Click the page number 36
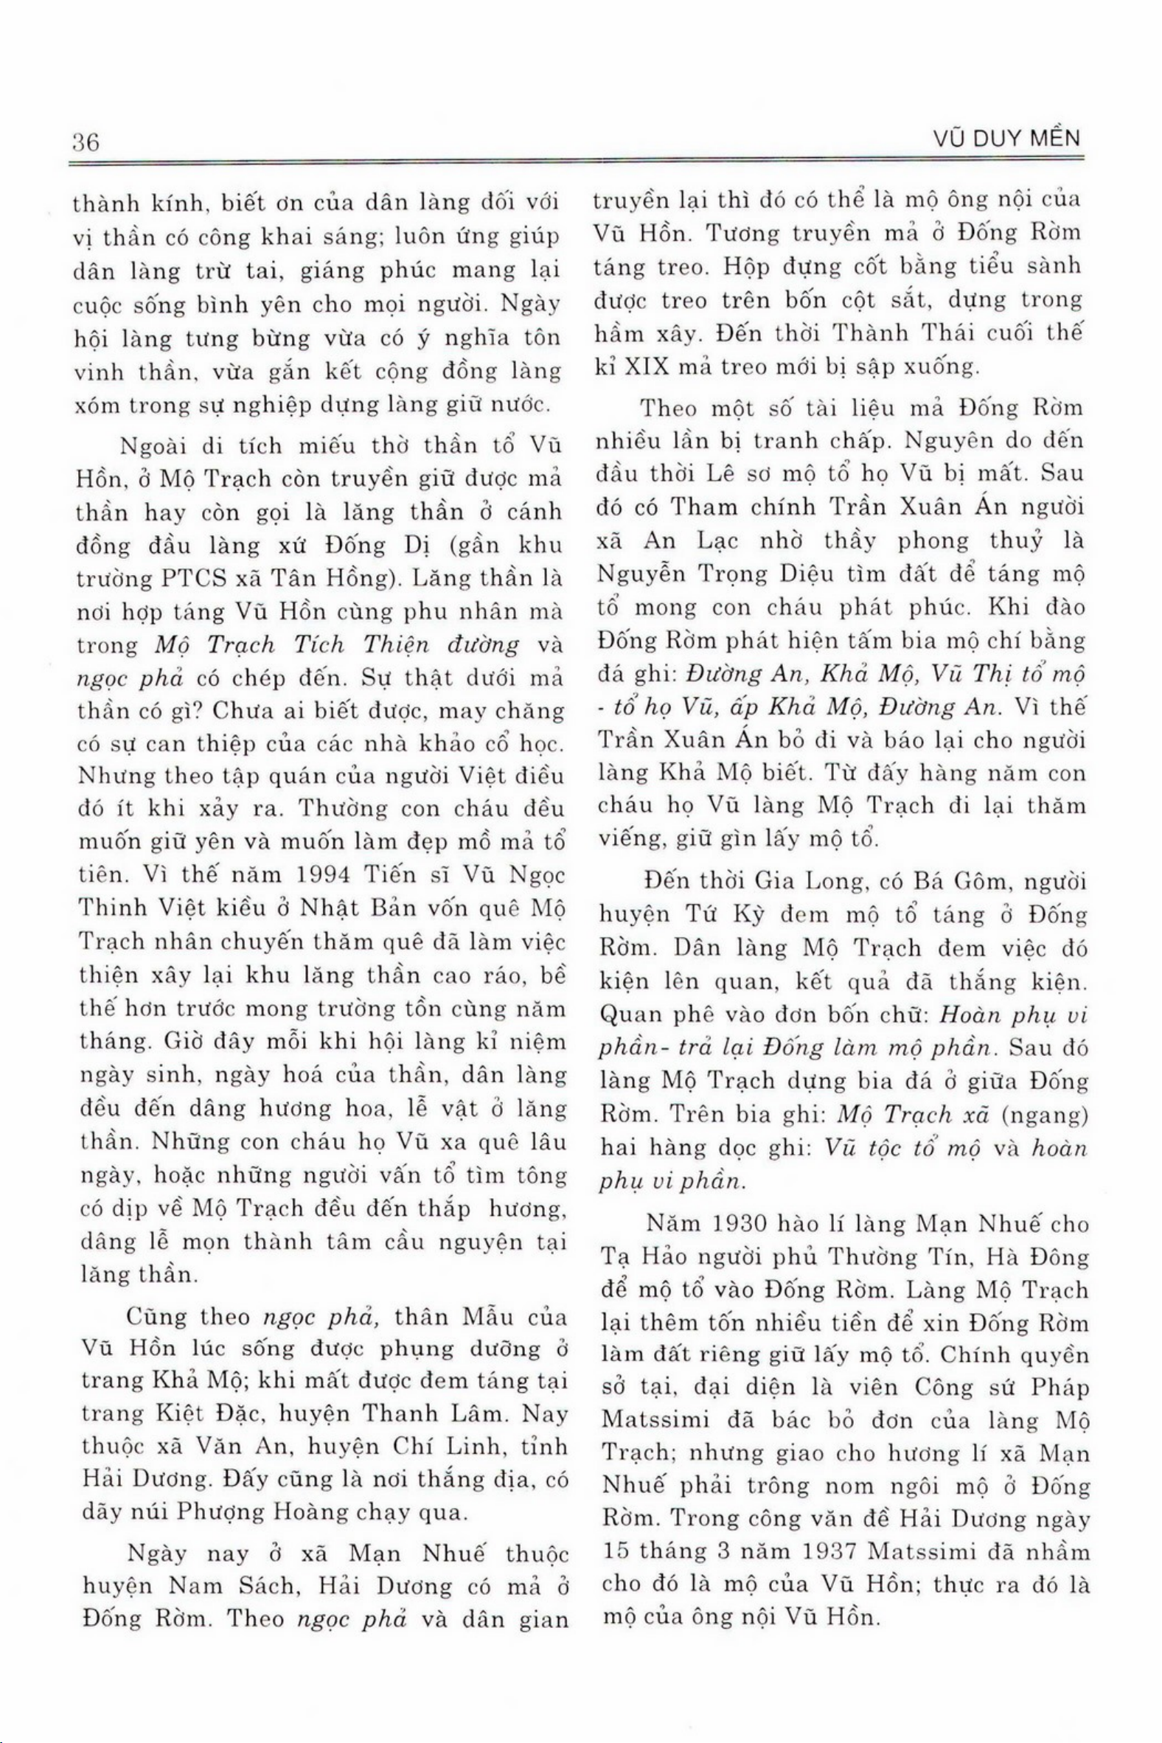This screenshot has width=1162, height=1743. coord(86,142)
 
